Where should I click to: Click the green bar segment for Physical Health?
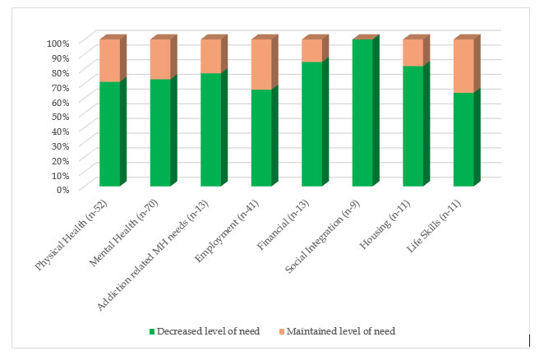click(x=109, y=134)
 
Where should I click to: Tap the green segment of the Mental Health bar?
click(x=160, y=132)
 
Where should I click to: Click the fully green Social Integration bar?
click(x=362, y=113)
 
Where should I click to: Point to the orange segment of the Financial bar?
click(x=312, y=51)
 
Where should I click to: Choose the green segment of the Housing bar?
click(x=413, y=126)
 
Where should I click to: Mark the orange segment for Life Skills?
click(x=463, y=66)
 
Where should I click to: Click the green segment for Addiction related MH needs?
click(x=211, y=130)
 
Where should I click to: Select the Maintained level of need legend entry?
click(x=357, y=331)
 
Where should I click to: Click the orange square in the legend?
click(x=301, y=331)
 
